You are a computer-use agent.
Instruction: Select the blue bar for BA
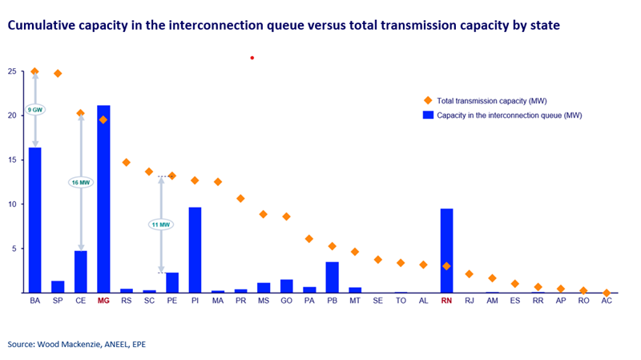(34, 220)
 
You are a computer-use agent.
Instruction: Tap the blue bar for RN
(446, 250)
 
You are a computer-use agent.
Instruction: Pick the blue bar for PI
(195, 250)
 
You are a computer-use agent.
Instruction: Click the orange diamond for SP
(58, 74)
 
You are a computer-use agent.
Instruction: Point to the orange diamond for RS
(126, 162)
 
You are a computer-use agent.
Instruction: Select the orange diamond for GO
(286, 216)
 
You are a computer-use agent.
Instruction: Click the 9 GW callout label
(34, 109)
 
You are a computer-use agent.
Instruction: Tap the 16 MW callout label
(80, 183)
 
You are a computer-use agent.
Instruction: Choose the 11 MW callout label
(160, 224)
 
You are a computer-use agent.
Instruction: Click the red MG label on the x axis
(103, 302)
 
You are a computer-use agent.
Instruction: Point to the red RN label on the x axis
(446, 302)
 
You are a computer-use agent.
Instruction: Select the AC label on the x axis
(607, 302)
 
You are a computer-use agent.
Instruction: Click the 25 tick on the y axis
(11, 71)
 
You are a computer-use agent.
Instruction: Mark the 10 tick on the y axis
(11, 204)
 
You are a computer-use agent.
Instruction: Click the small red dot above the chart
(252, 58)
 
